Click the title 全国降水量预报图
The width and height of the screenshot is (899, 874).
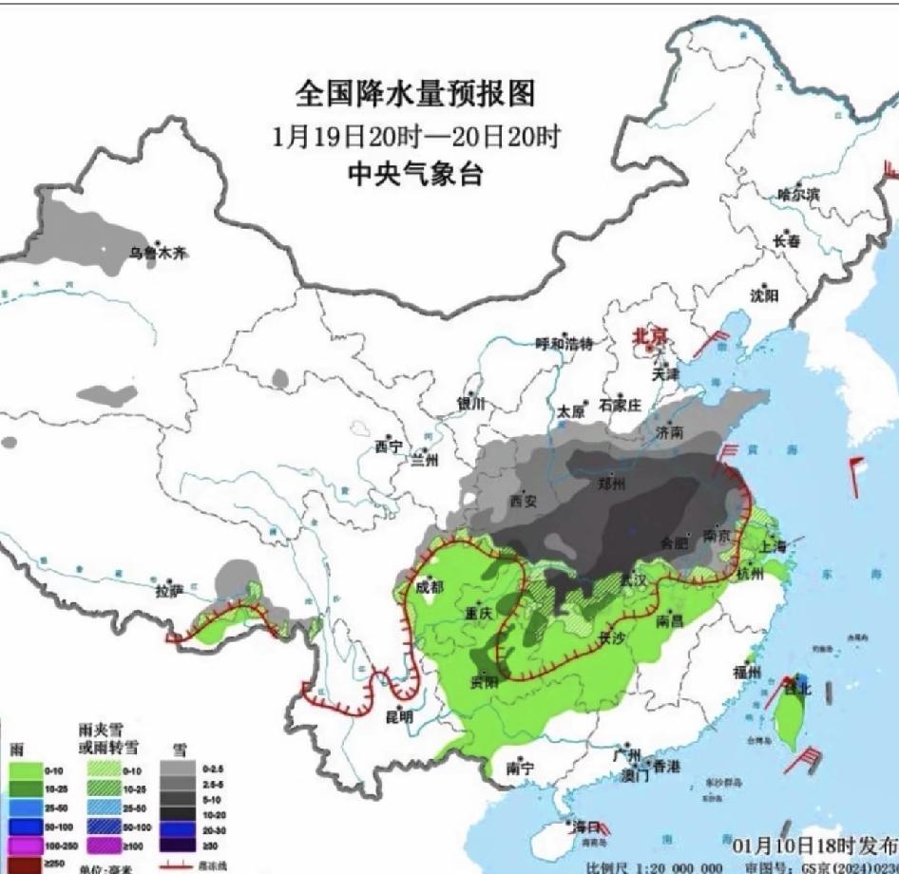(x=415, y=93)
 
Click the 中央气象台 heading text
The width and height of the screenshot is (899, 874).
(x=415, y=175)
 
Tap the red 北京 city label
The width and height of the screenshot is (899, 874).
(x=651, y=336)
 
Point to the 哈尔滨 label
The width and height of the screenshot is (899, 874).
(x=798, y=194)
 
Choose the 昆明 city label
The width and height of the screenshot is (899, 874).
(x=399, y=717)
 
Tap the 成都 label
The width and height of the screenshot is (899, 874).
(x=430, y=587)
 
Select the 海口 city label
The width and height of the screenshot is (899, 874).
(x=582, y=826)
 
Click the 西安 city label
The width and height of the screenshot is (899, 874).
(x=524, y=500)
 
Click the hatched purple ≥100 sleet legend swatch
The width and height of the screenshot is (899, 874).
(x=101, y=844)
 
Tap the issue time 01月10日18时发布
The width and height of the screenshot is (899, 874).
(x=814, y=845)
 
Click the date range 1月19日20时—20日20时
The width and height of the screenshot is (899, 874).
(x=415, y=136)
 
